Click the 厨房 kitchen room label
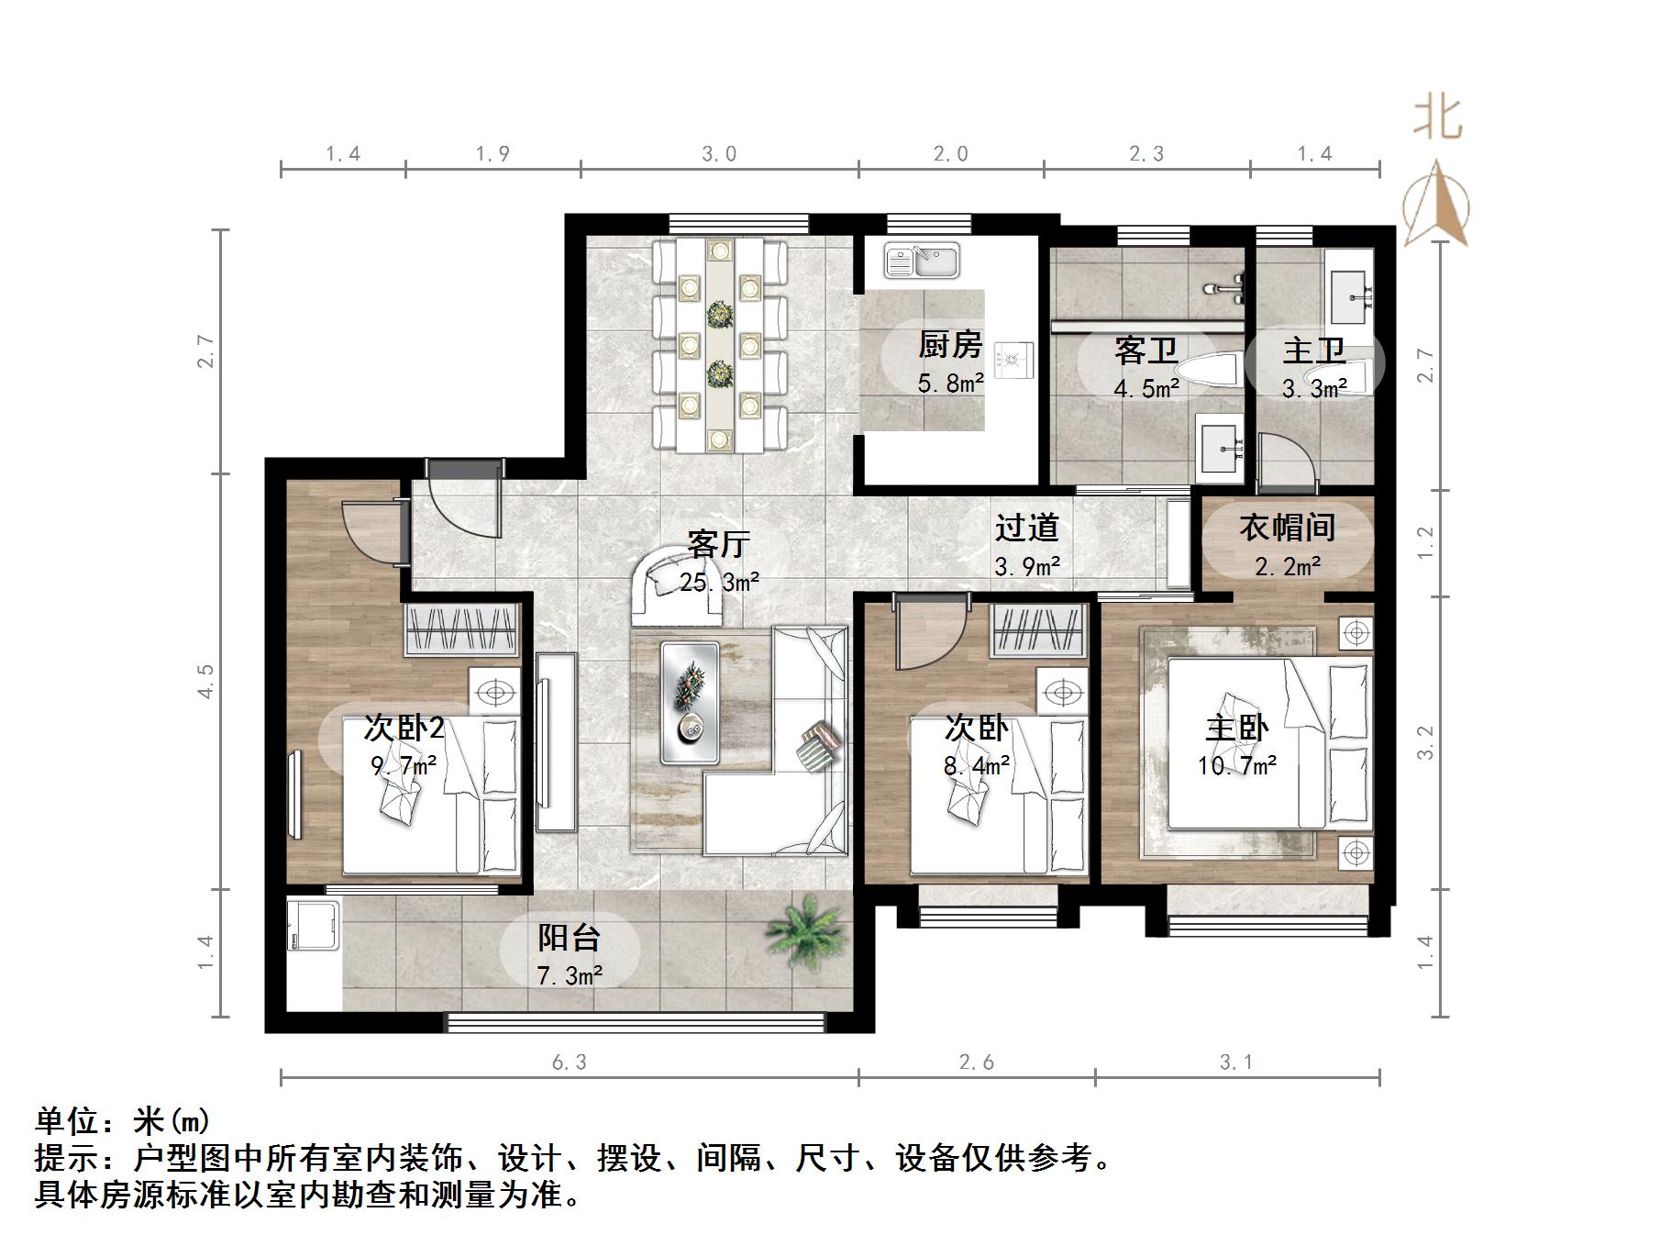coord(950,346)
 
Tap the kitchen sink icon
coord(922,261)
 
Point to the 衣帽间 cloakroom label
coord(1287,528)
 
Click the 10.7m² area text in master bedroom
coord(1237,765)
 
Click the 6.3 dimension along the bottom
coord(569,1062)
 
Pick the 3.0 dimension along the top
coord(719,154)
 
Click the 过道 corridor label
coord(1027,528)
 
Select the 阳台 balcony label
coord(569,938)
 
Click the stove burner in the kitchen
coord(1014,359)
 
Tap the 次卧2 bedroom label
coord(404,728)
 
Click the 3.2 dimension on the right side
coord(1425,742)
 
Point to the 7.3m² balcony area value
coord(569,975)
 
